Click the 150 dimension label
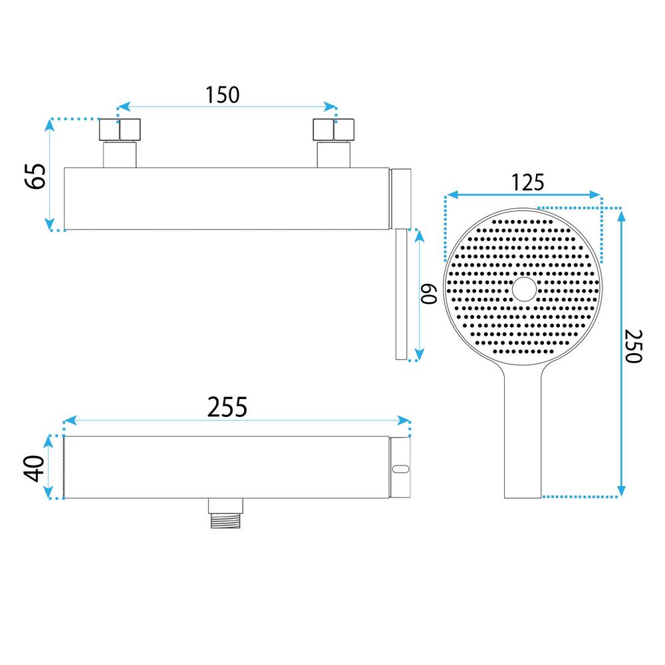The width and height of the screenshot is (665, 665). [222, 94]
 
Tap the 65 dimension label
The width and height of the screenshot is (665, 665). [35, 176]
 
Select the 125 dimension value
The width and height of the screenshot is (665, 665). [527, 182]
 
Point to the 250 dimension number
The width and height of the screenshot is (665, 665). [633, 346]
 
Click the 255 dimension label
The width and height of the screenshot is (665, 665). [227, 407]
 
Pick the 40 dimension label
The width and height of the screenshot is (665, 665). [34, 468]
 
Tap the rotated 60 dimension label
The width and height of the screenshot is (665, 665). [429, 294]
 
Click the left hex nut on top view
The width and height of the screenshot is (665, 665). [120, 130]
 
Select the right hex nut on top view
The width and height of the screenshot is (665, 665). [333, 130]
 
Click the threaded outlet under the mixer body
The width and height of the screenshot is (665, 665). [225, 513]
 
